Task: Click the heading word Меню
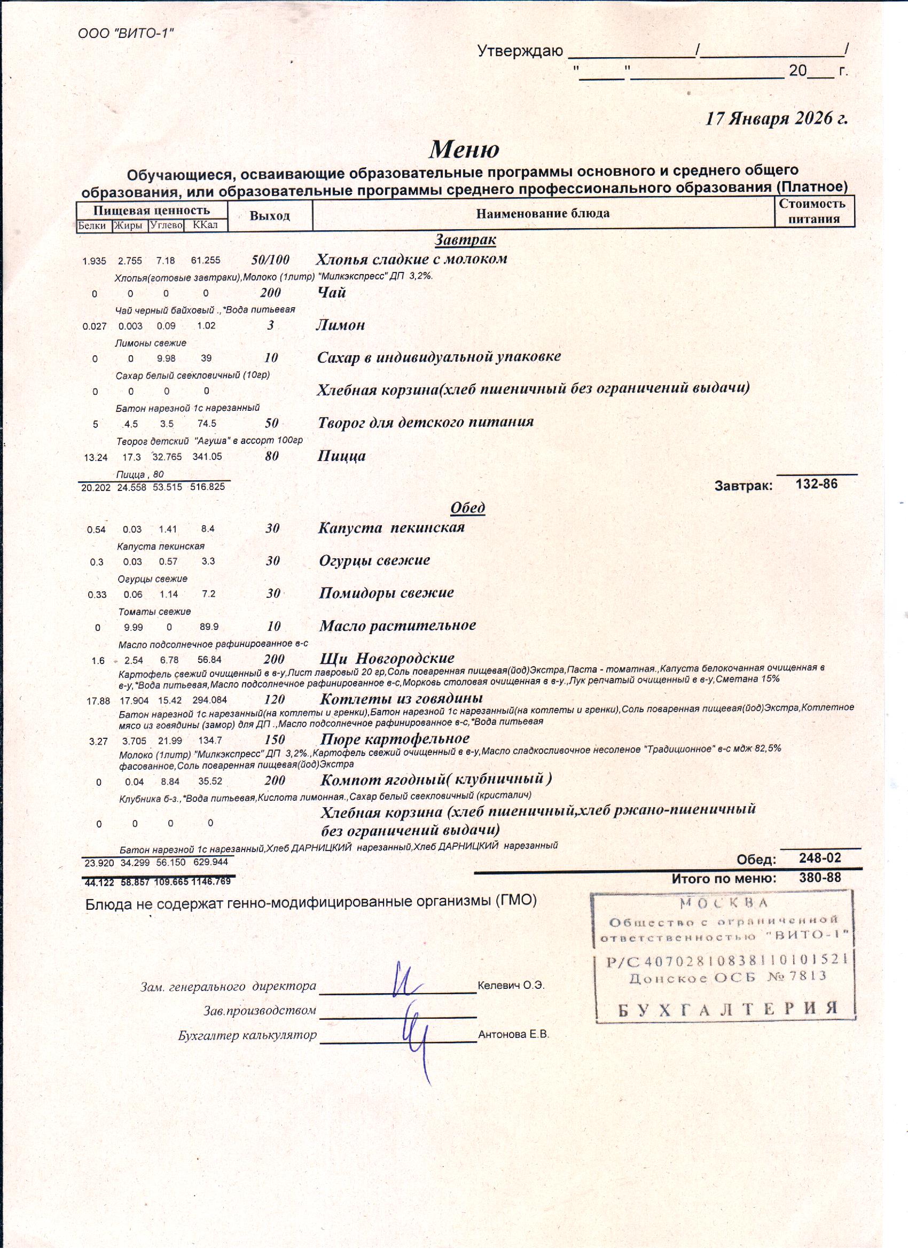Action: tap(464, 149)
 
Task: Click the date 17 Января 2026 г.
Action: tap(777, 119)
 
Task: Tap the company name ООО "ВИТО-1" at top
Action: tap(126, 33)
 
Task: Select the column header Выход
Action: tap(269, 216)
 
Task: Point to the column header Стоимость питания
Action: tap(813, 212)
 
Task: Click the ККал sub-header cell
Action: tap(206, 225)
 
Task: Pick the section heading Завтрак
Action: tap(465, 240)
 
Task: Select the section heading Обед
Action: tap(467, 507)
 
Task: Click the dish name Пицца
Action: tap(341, 456)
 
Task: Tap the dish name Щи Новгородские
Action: tap(387, 658)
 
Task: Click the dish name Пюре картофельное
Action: tap(395, 738)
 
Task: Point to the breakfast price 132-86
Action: tap(817, 484)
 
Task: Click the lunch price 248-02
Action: tap(820, 858)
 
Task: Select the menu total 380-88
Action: tap(820, 878)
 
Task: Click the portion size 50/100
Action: tap(270, 260)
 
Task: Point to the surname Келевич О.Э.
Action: tap(511, 985)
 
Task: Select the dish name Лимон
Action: tap(340, 325)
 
